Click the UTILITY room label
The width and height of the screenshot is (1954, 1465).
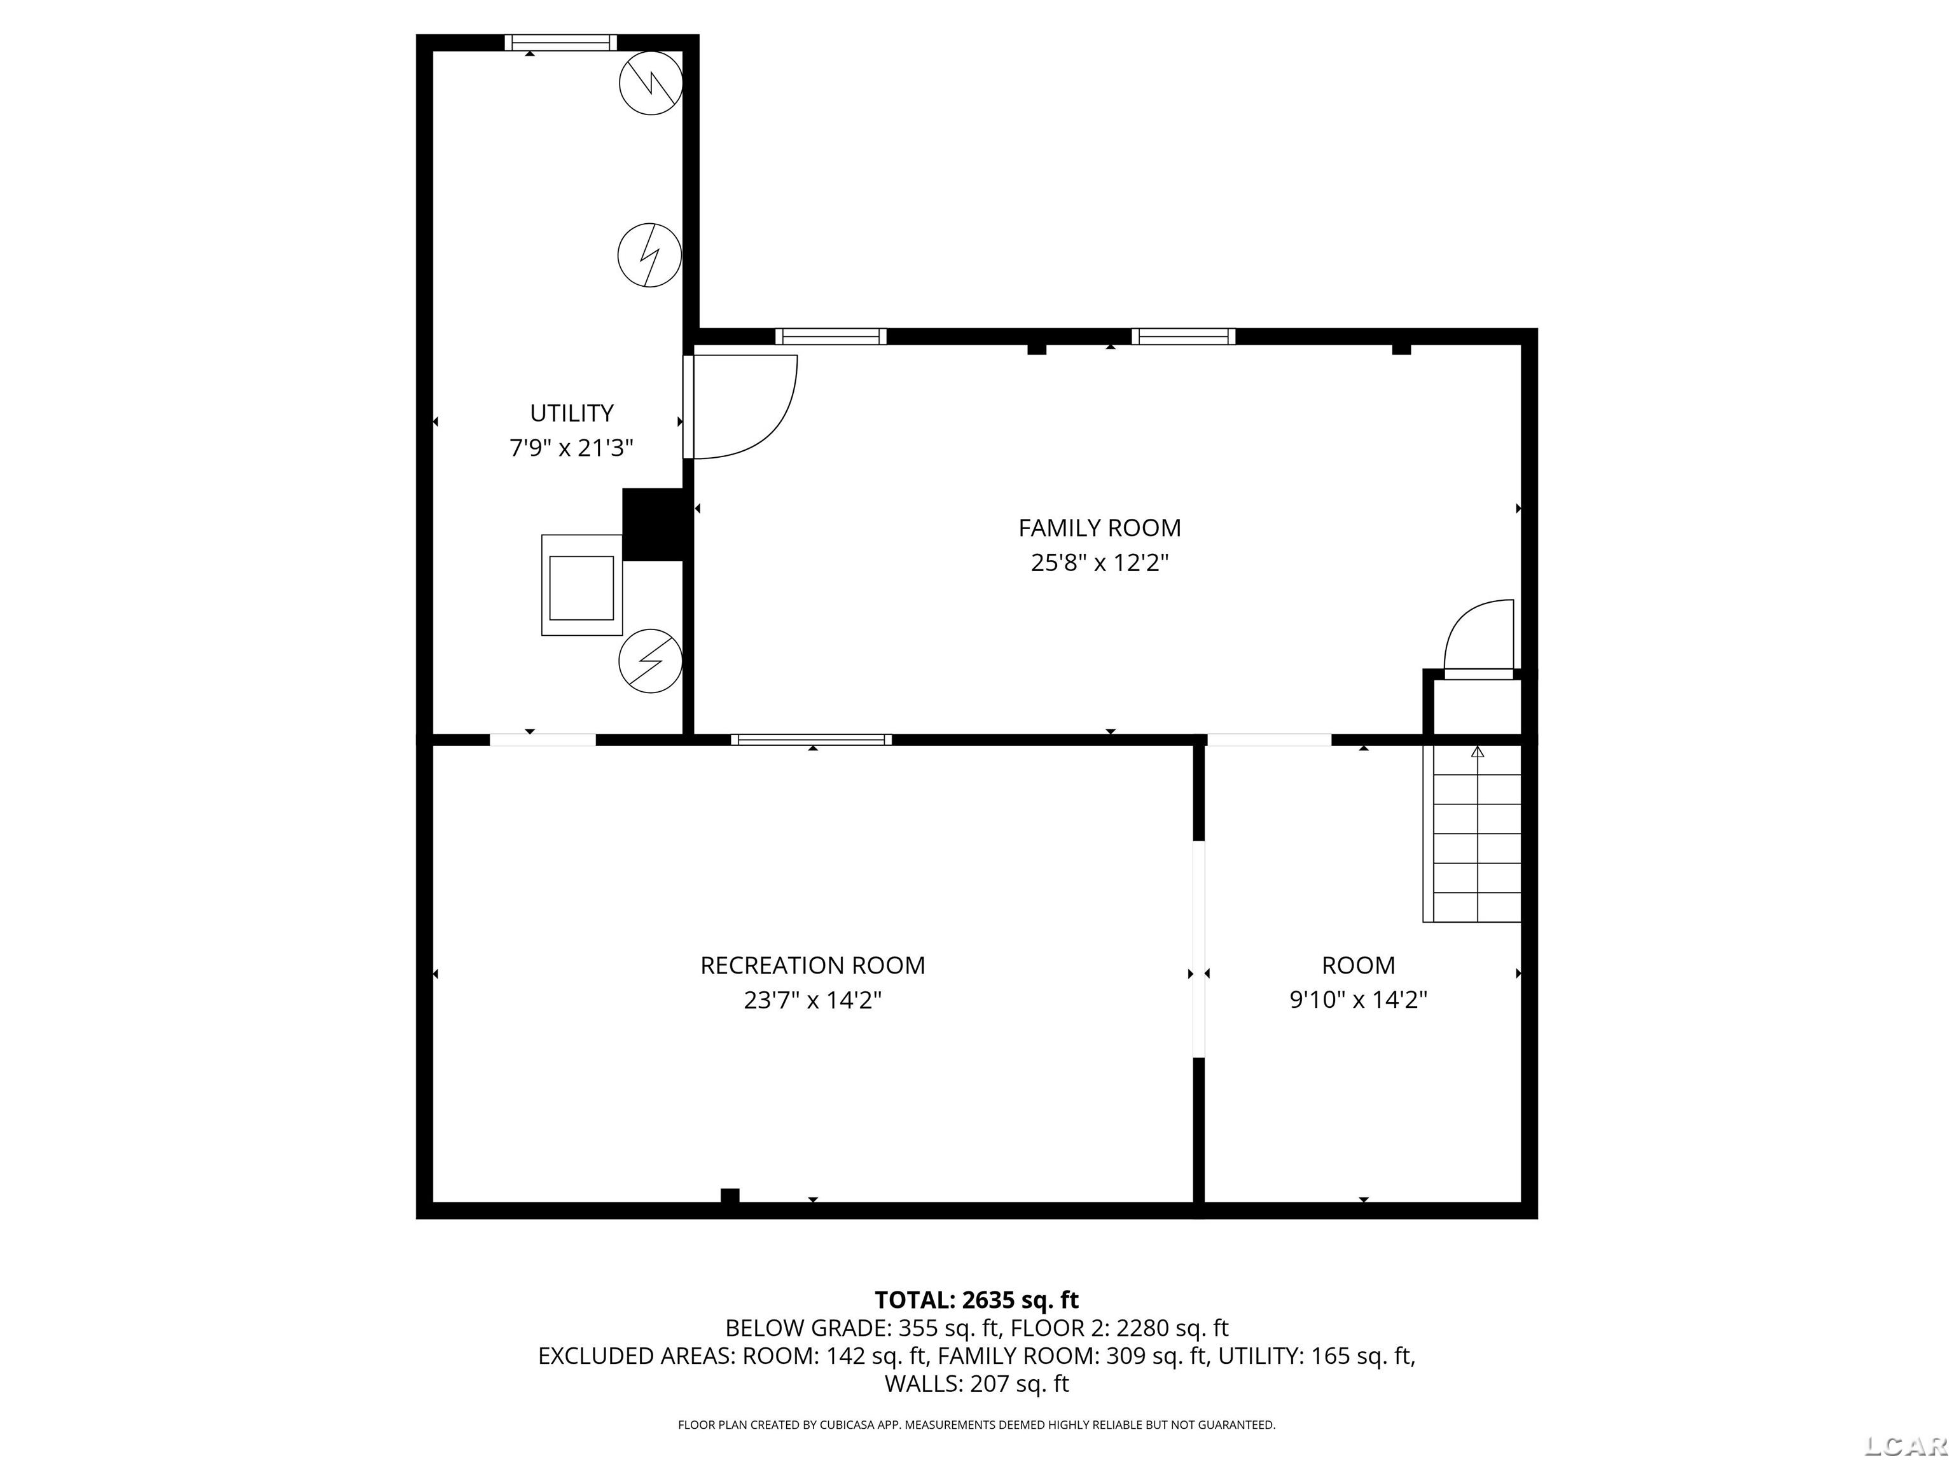pos(572,413)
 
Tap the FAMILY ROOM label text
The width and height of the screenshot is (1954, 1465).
pos(1099,528)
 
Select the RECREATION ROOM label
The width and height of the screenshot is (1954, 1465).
pos(813,965)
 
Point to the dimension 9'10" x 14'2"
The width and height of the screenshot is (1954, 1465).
pos(1359,1000)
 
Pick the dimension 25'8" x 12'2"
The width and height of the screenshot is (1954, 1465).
pos(1100,563)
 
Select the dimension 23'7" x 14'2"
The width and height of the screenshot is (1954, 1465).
pos(813,1000)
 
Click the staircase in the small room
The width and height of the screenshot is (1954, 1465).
pos(1472,834)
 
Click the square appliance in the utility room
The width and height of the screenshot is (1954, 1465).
pos(581,584)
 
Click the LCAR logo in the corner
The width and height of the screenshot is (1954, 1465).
pos(1906,1445)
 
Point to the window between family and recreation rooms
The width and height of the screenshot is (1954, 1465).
pos(811,740)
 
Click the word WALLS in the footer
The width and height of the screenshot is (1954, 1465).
pos(923,1384)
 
